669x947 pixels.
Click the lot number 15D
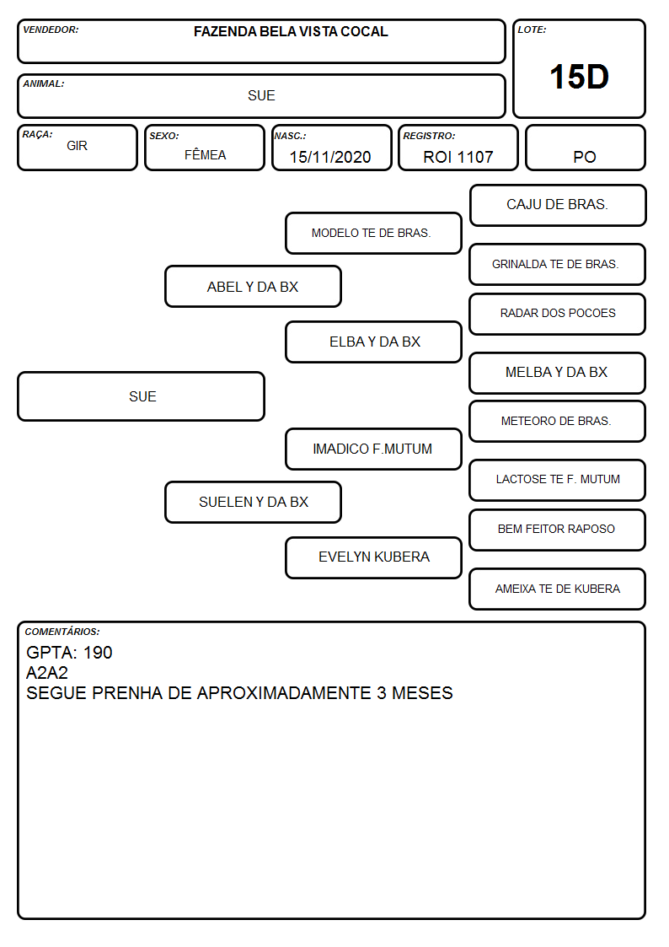tap(579, 77)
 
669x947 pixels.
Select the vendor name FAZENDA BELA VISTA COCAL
tap(291, 31)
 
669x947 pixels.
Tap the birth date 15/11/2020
tap(330, 157)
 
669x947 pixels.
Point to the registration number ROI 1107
tap(458, 157)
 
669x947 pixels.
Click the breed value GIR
tap(78, 146)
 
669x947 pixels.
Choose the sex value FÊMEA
tap(205, 154)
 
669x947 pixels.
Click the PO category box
tap(585, 148)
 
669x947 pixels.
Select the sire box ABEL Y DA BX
tap(253, 286)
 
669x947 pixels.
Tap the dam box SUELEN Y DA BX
tap(253, 502)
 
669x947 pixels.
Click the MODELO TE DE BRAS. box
tap(373, 233)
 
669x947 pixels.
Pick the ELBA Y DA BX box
tap(373, 342)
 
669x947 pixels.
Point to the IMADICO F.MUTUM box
tap(373, 449)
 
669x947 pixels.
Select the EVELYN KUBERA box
tap(373, 557)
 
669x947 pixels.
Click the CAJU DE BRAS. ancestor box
tap(558, 206)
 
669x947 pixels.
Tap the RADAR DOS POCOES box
tap(558, 314)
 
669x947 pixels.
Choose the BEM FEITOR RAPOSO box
tap(558, 530)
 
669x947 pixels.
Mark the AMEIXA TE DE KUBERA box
tap(558, 589)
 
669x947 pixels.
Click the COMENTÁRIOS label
tap(62, 632)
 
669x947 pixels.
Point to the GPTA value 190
tap(98, 652)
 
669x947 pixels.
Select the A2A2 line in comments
tap(47, 673)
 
